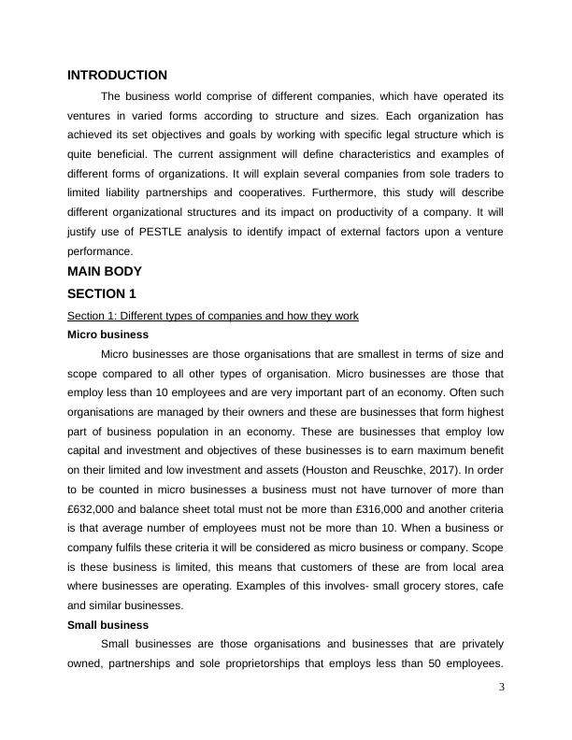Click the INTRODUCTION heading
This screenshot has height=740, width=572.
[118, 75]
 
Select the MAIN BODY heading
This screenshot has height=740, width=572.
[105, 272]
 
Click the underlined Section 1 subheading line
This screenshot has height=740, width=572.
[213, 316]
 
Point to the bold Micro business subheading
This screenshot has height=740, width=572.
[107, 334]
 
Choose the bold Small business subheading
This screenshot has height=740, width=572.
[108, 625]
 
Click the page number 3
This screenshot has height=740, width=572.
[501, 688]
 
